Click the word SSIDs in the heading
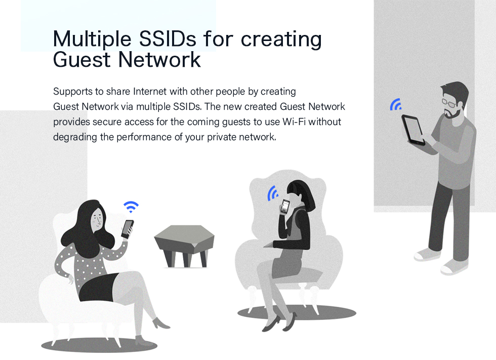click(168, 39)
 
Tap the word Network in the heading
click(159, 59)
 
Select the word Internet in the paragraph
click(150, 92)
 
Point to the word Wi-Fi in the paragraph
click(294, 122)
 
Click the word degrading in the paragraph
click(75, 138)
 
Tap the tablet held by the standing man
click(414, 130)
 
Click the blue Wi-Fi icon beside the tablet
click(395, 104)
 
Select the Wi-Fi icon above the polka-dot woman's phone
click(131, 207)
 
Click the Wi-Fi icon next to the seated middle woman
click(272, 193)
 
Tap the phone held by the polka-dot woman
click(127, 229)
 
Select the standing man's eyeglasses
click(449, 102)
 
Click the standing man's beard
click(453, 113)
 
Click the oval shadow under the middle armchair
click(297, 312)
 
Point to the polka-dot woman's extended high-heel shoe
click(161, 324)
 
